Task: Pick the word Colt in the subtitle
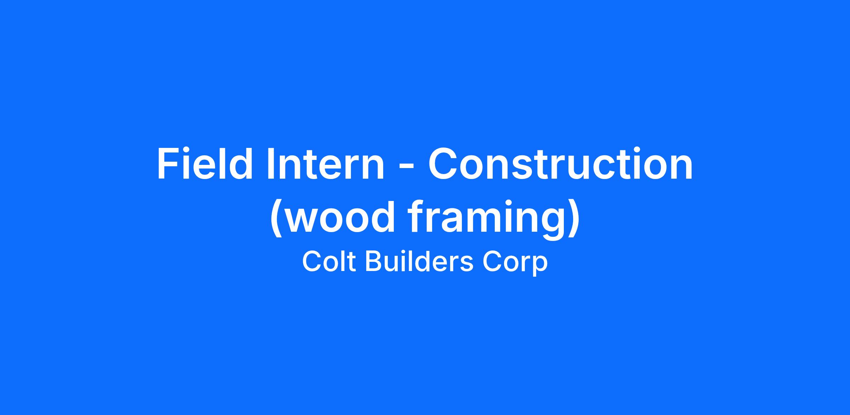point(329,262)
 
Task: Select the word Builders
point(419,262)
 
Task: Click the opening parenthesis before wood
point(276,219)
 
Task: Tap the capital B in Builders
point(374,262)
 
